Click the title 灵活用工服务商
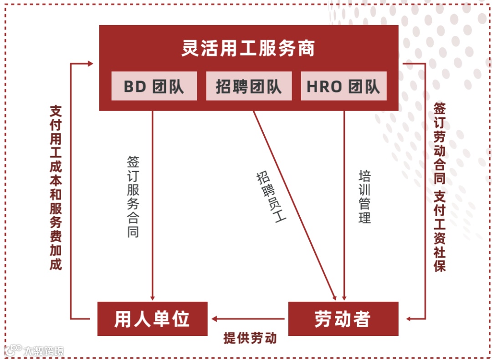248,49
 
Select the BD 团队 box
154,86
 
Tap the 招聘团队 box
249,86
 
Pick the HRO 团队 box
343,86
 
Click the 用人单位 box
152,319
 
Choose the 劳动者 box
343,319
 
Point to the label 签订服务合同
133,197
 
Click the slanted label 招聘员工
271,196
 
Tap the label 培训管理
365,197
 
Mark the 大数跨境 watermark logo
34,350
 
